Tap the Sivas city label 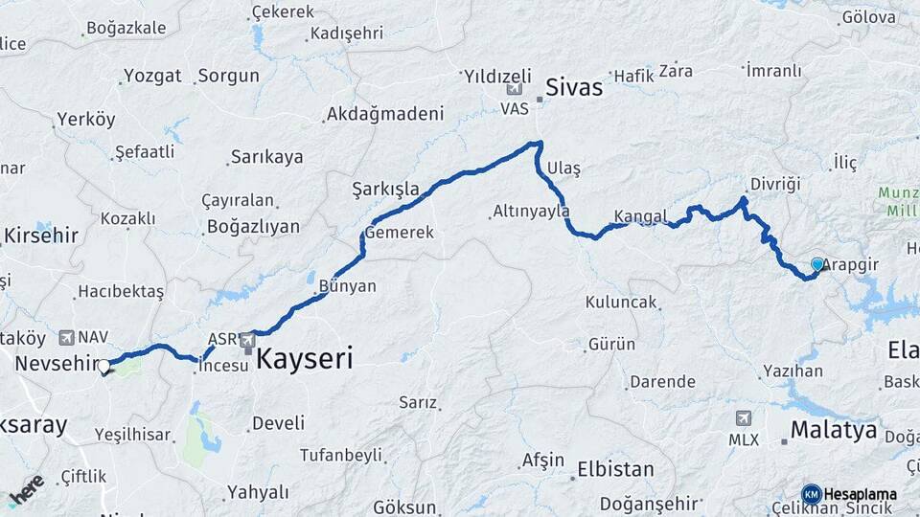(574, 88)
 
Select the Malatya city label (832, 430)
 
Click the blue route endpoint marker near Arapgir (817, 264)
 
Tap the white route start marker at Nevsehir (103, 366)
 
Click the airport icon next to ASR (248, 339)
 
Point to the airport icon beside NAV (66, 337)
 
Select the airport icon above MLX (744, 418)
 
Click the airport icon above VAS (515, 89)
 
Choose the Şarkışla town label (386, 189)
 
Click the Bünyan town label (347, 286)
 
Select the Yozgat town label (152, 76)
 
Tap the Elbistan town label (615, 470)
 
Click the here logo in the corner (26, 488)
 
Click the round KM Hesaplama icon (812, 494)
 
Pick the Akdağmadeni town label (385, 115)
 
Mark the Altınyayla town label (531, 211)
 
